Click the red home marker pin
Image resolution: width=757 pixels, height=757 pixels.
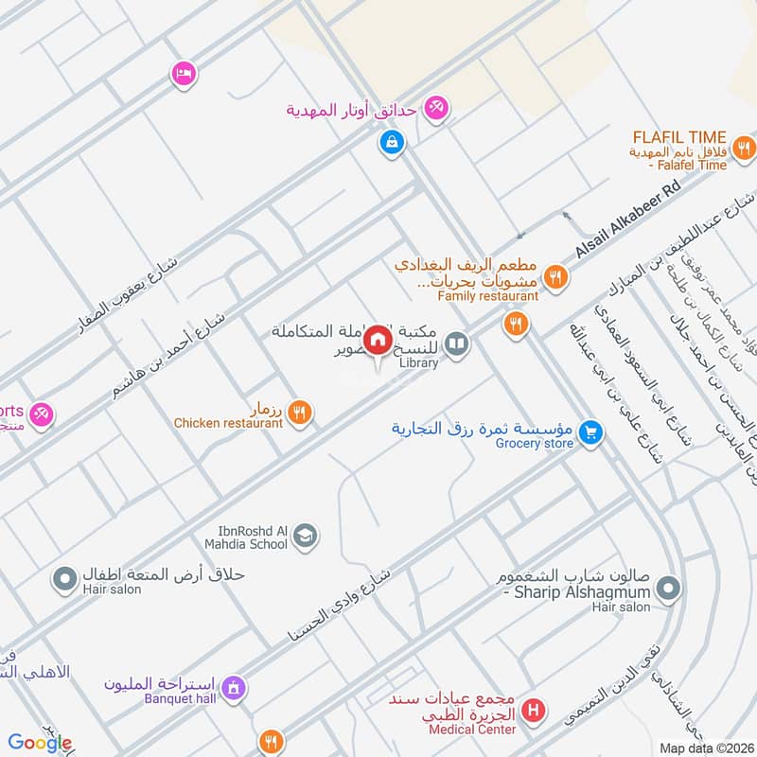point(378,340)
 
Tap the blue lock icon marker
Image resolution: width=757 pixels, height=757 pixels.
point(390,143)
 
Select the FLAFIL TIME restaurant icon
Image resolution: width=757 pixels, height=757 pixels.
point(745,147)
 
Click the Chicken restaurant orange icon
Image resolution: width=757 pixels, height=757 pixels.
point(300,411)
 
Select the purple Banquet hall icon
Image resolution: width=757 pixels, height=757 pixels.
point(236,686)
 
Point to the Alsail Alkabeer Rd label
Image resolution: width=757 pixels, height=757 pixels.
point(629,223)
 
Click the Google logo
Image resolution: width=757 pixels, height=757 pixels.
point(40,743)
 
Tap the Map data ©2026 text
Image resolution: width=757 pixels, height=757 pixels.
point(705,748)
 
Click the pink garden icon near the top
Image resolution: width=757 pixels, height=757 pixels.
point(435,108)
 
